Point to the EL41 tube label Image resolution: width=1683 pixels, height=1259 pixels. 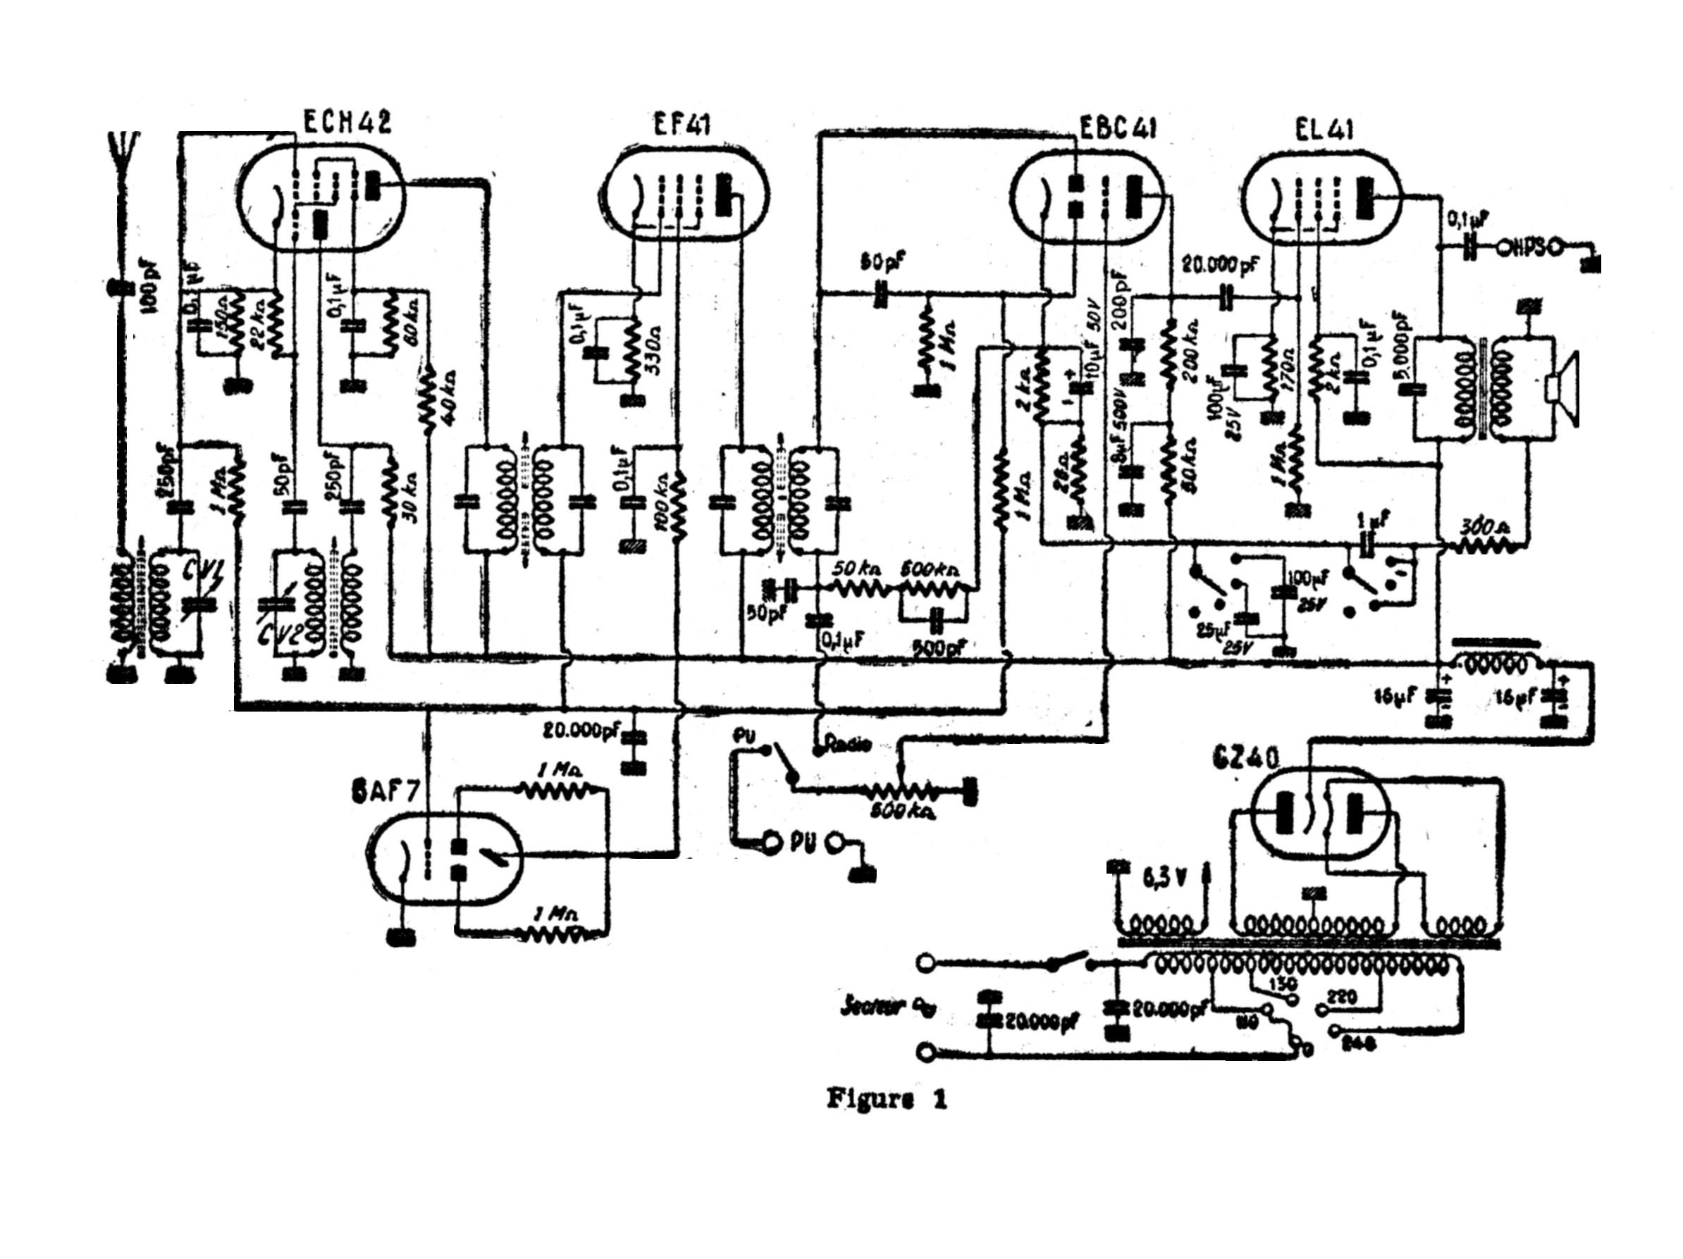[x=1324, y=130]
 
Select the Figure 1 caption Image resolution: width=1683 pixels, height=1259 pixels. [x=887, y=1100]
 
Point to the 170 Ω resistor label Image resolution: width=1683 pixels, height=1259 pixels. [x=1285, y=369]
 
